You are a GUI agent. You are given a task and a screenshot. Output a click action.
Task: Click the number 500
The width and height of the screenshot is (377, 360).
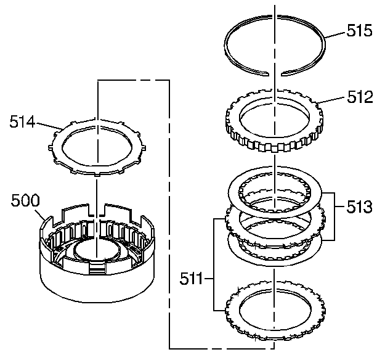pyautogui.click(x=25, y=200)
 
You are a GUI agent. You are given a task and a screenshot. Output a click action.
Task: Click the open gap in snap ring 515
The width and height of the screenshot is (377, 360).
pyautogui.click(x=275, y=73)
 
